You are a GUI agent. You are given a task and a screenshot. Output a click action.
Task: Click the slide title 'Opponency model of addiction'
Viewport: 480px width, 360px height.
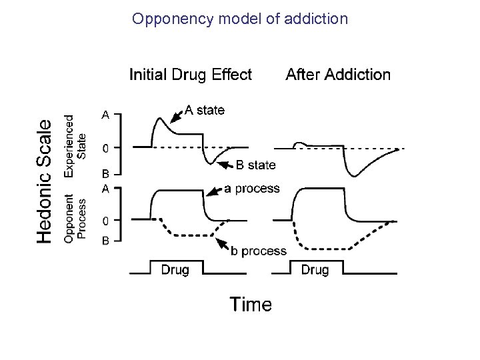(240, 19)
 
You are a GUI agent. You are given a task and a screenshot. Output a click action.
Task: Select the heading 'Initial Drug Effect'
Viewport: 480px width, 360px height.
(191, 75)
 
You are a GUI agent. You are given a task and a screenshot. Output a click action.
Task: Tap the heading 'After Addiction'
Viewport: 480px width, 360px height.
(338, 75)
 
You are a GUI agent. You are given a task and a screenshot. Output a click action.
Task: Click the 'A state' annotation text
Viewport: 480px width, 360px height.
(205, 110)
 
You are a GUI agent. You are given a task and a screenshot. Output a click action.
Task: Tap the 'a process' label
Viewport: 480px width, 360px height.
(252, 189)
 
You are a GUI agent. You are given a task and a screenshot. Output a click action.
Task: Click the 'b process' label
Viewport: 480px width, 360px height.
(258, 251)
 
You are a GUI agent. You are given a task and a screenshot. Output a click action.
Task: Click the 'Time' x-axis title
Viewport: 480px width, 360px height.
(251, 305)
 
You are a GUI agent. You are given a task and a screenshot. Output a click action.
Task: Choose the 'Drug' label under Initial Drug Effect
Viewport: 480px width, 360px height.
(175, 270)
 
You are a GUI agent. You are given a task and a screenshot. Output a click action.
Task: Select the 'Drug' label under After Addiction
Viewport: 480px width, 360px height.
(315, 270)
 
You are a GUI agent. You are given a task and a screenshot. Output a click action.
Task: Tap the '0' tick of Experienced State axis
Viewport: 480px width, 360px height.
(105, 147)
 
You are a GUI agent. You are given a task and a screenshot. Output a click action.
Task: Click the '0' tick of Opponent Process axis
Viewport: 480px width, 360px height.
(105, 219)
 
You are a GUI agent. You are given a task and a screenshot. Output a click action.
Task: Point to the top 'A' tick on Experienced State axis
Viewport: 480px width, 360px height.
(105, 115)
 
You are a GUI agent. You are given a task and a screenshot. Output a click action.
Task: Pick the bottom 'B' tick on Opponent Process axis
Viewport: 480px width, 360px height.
(105, 241)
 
